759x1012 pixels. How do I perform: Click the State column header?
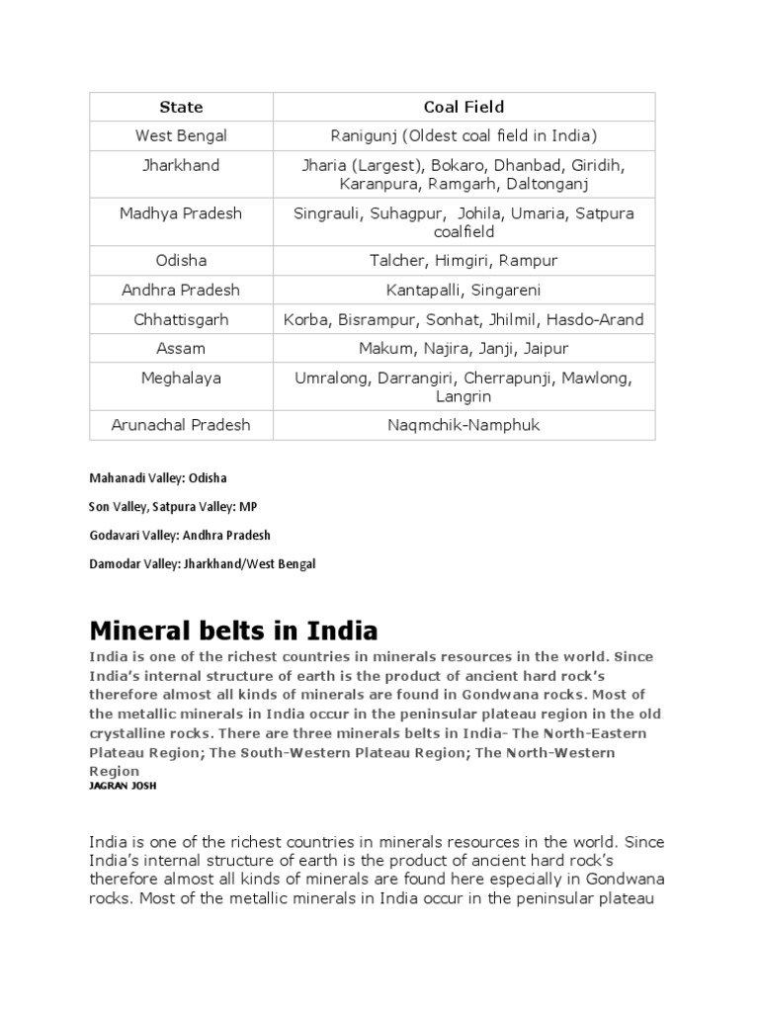tap(181, 107)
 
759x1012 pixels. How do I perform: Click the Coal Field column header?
tap(464, 107)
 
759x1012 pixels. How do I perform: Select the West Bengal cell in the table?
tap(181, 135)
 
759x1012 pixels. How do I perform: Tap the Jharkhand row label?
tap(181, 165)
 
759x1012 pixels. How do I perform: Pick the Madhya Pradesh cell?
tap(181, 213)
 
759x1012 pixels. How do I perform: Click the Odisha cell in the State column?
tap(181, 261)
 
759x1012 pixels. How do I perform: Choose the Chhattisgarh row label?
tap(181, 319)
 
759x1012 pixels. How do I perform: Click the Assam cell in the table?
tap(181, 348)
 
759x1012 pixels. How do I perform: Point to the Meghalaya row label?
tap(181, 378)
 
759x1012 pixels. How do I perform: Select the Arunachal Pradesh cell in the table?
tap(181, 425)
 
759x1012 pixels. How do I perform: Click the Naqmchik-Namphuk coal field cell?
tap(464, 425)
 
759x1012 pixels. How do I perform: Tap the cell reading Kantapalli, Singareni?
tap(464, 291)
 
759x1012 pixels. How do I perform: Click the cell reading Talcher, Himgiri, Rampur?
tap(464, 261)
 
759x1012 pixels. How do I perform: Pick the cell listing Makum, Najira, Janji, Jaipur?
tap(464, 348)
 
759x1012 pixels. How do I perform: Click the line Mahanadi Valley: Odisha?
tap(158, 478)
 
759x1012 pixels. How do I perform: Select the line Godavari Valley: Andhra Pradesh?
tap(180, 535)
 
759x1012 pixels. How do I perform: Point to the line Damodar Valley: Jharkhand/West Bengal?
tap(203, 563)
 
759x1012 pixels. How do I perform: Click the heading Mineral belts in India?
tap(234, 631)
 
